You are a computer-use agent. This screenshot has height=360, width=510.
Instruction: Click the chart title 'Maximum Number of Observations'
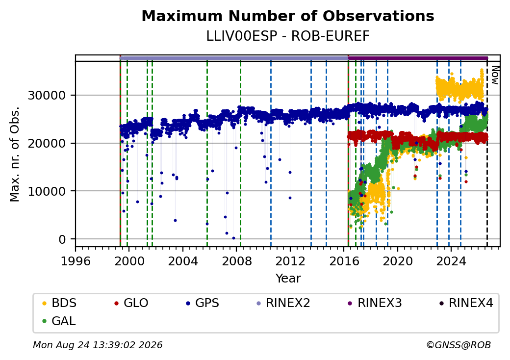[x=288, y=16]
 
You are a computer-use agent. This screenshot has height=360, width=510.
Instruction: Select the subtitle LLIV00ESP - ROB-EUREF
[x=288, y=36]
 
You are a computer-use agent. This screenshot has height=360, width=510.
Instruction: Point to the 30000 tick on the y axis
[x=47, y=96]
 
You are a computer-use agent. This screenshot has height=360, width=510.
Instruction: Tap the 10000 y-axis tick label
[x=47, y=192]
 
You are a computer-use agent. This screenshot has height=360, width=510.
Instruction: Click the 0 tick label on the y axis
[x=62, y=240]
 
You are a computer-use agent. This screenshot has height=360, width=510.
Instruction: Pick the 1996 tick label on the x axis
[x=76, y=261]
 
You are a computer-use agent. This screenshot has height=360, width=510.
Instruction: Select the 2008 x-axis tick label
[x=237, y=261]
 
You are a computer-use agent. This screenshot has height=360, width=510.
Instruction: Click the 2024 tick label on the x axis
[x=451, y=261]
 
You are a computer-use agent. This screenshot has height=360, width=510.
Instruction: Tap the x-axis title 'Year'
[x=288, y=279]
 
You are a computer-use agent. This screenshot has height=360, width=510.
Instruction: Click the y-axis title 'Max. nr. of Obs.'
[x=15, y=154]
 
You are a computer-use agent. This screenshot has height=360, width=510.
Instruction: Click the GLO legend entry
[x=131, y=303]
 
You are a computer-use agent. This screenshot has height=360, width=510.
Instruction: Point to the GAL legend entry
[x=59, y=321]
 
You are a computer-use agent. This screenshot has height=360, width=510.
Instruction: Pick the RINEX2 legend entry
[x=283, y=303]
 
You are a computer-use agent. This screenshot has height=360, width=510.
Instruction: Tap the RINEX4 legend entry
[x=466, y=303]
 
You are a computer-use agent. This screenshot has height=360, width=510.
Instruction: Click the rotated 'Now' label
[x=495, y=75]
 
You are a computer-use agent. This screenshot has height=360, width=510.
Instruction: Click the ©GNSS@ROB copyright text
[x=459, y=345]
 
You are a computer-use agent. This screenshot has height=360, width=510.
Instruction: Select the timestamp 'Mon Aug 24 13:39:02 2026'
[x=98, y=345]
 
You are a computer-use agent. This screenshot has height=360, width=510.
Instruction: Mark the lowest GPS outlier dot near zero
[x=233, y=238]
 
